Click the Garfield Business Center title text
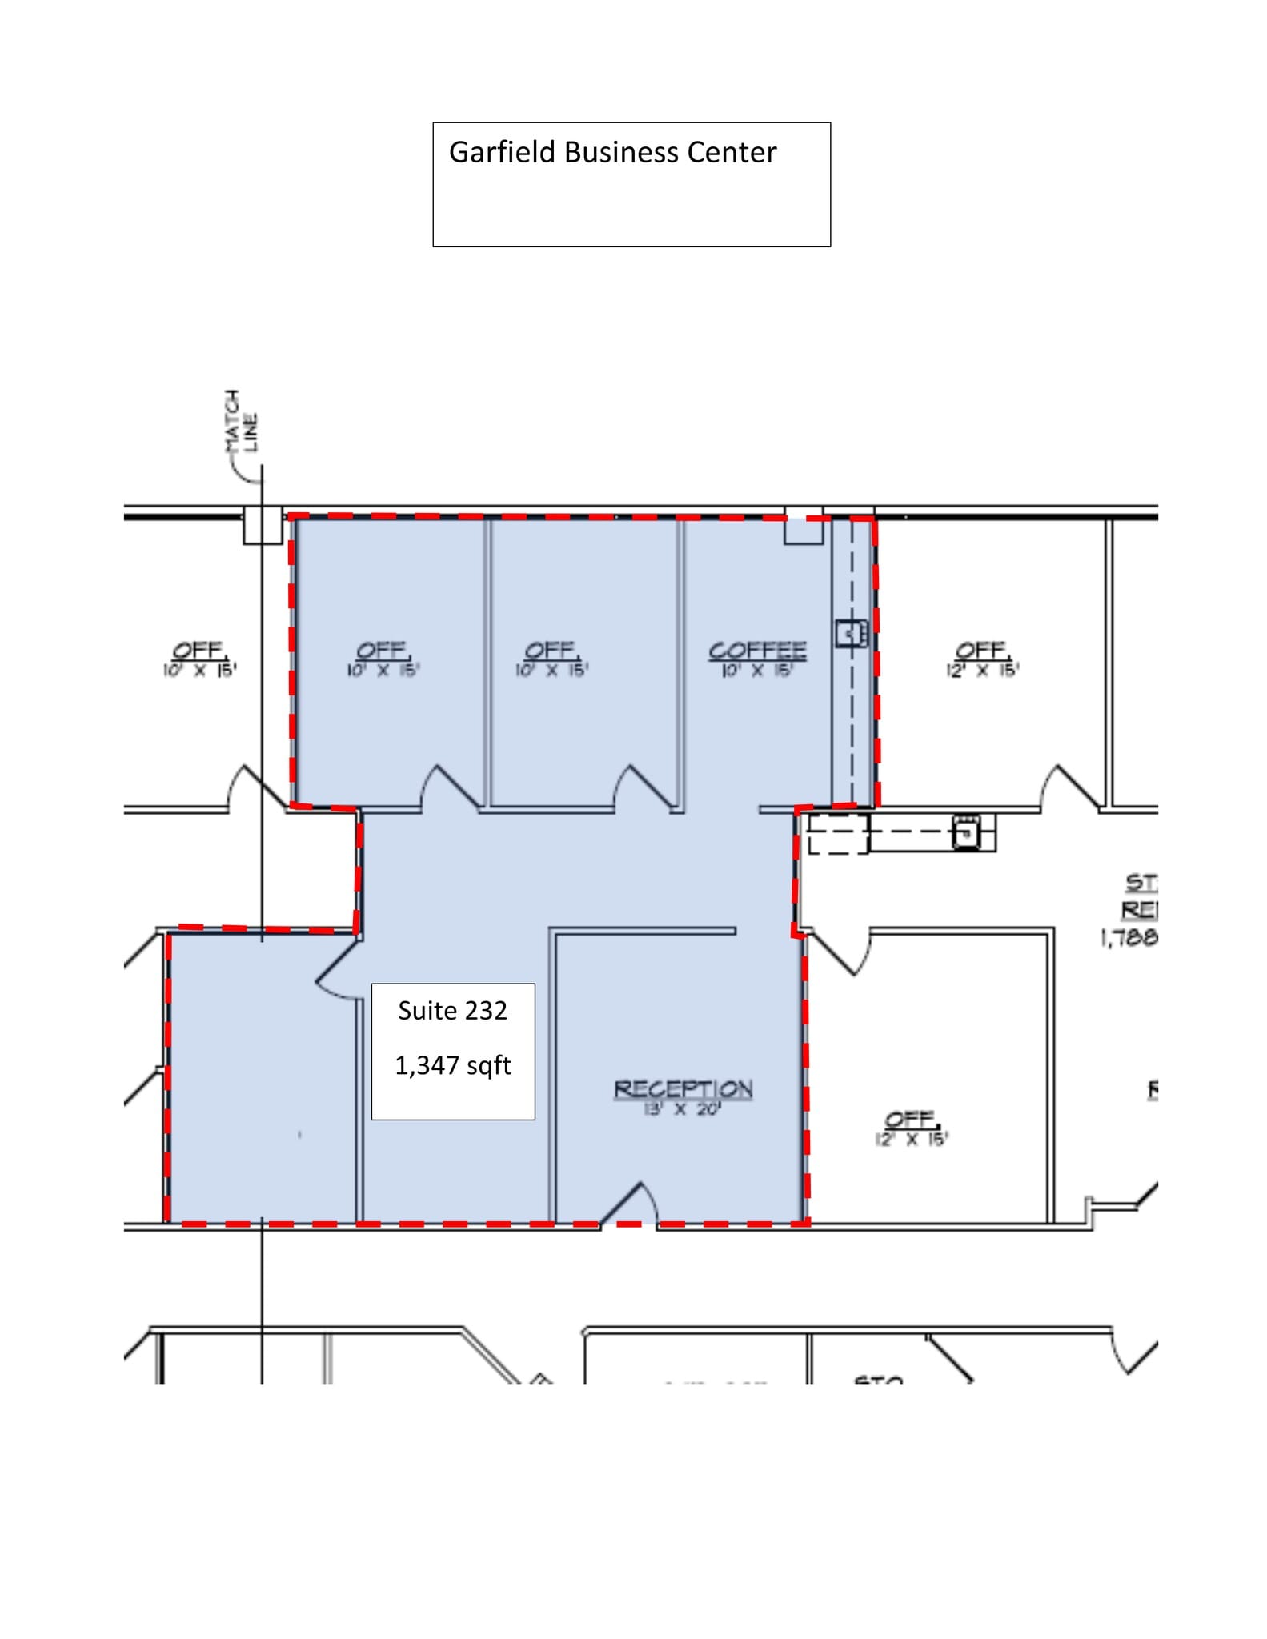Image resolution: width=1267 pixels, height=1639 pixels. click(x=612, y=153)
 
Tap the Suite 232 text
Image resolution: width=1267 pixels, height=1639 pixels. click(x=452, y=1011)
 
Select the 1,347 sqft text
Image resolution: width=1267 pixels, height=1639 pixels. click(x=452, y=1066)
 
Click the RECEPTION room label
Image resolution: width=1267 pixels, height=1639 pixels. click(x=683, y=1088)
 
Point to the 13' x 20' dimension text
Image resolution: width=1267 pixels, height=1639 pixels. click(x=683, y=1109)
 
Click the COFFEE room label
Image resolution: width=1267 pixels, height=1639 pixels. click(x=757, y=651)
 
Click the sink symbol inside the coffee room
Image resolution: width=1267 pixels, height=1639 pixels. click(x=851, y=634)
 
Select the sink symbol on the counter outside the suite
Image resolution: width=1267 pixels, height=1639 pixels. click(x=966, y=832)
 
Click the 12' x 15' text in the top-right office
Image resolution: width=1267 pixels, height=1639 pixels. click(x=982, y=671)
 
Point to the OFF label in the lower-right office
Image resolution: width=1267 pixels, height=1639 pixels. click(x=911, y=1119)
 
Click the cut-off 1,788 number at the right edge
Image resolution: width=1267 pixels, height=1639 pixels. click(x=1129, y=937)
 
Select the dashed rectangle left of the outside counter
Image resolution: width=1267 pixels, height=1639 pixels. click(x=837, y=834)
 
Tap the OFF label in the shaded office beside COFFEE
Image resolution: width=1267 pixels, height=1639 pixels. click(x=551, y=650)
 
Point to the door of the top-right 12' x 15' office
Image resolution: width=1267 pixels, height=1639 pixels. click(x=1071, y=788)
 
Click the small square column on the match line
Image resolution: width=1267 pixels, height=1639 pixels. click(x=263, y=525)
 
